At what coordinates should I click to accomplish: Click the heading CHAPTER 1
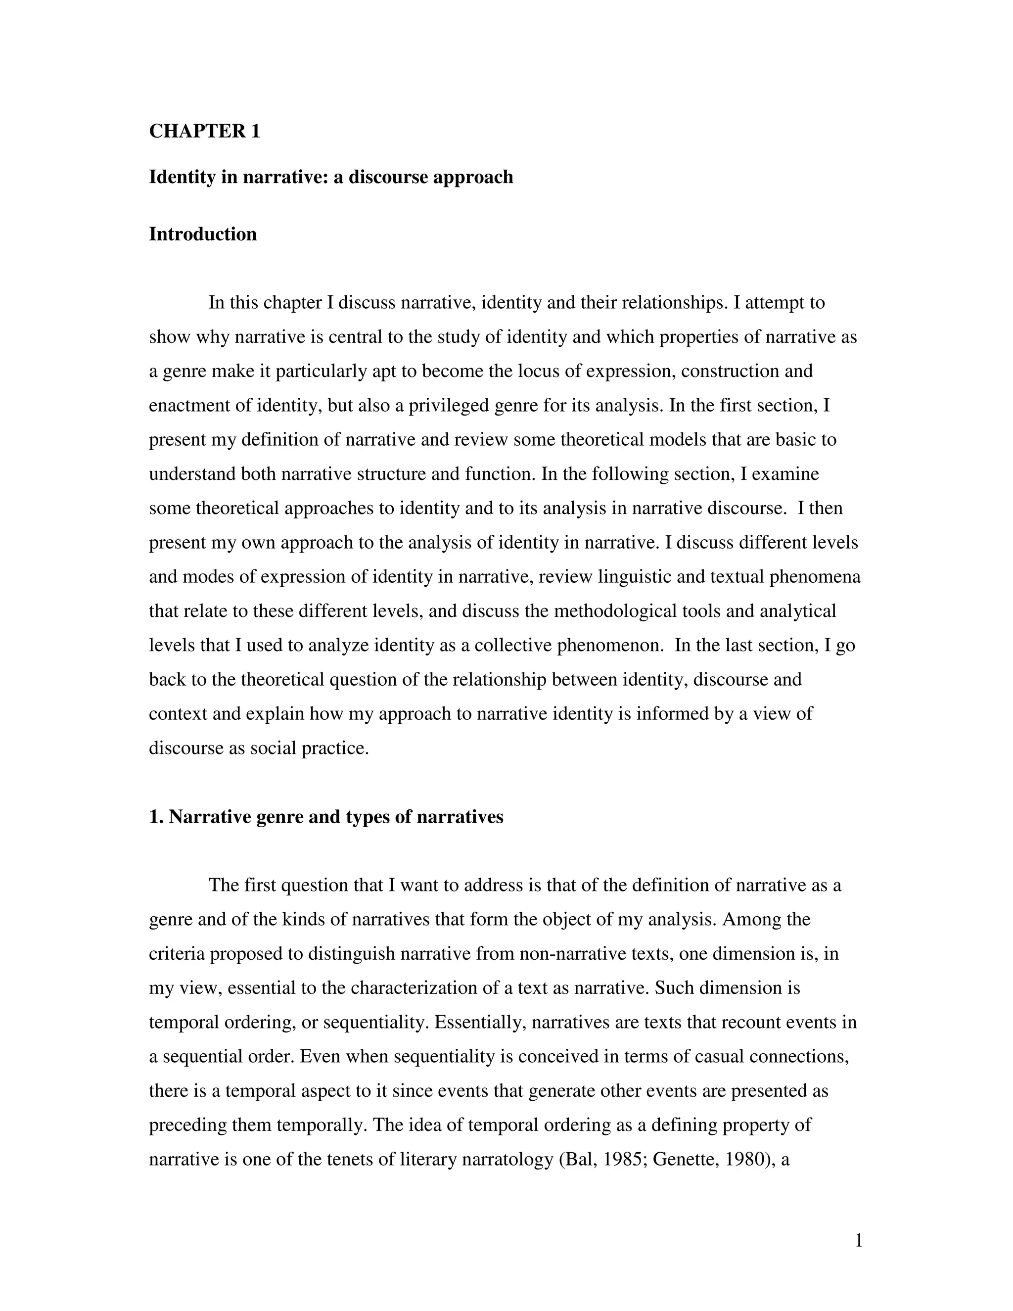[x=204, y=131]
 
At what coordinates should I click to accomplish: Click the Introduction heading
[x=202, y=234]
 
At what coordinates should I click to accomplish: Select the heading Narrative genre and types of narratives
[x=326, y=817]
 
